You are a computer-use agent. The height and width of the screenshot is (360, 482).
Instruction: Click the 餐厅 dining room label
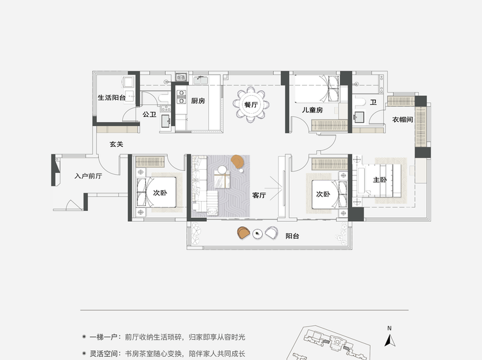251,105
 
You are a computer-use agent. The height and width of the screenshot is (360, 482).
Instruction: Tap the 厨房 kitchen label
198,101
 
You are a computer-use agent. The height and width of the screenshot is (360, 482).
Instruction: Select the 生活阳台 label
112,98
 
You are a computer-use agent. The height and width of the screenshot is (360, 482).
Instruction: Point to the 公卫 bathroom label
149,114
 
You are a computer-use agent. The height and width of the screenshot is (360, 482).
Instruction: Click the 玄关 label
116,144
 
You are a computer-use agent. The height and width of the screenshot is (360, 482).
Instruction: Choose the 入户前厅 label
88,176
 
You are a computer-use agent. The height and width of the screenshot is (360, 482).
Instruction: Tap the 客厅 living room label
259,195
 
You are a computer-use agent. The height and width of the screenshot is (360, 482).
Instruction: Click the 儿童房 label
312,110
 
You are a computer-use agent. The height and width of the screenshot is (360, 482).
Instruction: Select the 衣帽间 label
402,120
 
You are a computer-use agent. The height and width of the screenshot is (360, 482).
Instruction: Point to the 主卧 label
380,179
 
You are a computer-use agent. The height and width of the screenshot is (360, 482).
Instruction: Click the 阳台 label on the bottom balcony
292,236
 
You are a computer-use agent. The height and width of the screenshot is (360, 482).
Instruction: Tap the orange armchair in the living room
237,162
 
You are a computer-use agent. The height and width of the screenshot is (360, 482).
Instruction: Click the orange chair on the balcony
243,233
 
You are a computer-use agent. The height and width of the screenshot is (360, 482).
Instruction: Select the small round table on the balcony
257,234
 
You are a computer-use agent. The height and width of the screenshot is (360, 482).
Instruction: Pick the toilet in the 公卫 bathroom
164,98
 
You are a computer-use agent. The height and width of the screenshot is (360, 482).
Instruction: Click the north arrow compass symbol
390,341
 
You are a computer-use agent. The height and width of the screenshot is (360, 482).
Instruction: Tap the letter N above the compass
389,328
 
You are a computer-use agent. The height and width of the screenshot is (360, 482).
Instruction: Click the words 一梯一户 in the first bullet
103,337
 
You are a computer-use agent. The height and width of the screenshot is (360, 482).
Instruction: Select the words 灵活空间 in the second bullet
103,354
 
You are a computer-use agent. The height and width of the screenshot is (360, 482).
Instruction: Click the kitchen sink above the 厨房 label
201,80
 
